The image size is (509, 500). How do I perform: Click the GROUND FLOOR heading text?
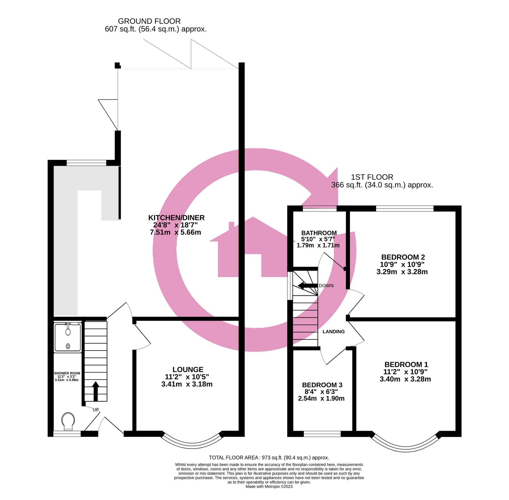point(149,21)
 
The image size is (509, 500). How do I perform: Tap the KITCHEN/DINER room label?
point(176,218)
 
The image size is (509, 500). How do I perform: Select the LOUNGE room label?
point(188,369)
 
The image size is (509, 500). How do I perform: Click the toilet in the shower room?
point(68,421)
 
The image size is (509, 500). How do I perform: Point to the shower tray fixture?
point(68,338)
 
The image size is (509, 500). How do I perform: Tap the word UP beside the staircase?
point(96,410)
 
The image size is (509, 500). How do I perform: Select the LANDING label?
point(333,332)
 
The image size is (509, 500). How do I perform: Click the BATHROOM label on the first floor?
point(319,233)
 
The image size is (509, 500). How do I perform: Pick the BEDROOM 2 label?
point(403,257)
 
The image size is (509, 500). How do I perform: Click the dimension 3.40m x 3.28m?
point(405,379)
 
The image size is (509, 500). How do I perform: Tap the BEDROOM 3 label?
point(322,385)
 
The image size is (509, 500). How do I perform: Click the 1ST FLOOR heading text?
point(372,177)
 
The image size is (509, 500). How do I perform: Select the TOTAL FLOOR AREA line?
point(269,457)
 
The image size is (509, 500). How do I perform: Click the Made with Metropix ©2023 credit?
point(269,486)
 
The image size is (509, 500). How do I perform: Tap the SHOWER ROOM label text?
point(67,373)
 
